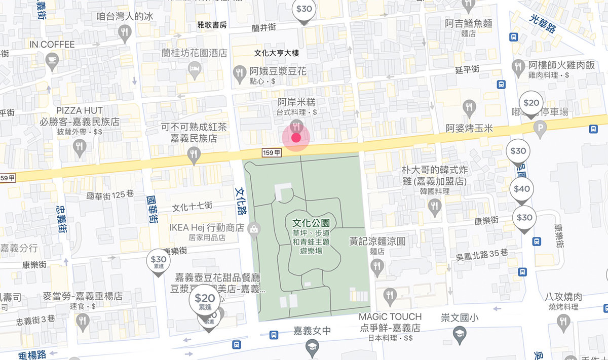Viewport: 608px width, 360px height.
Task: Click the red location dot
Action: click(296, 138)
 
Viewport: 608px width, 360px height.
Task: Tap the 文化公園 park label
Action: click(312, 223)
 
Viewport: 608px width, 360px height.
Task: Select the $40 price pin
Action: click(522, 189)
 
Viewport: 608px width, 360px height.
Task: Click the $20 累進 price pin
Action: click(205, 300)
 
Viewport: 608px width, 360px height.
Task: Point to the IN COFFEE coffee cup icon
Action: click(52, 61)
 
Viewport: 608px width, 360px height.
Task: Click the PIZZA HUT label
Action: click(80, 110)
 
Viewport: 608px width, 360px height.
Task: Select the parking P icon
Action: click(540, 129)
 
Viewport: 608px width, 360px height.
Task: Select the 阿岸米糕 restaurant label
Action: click(296, 102)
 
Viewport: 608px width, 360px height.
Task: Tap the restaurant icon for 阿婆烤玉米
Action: click(469, 107)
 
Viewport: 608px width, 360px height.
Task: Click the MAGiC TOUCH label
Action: click(390, 317)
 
